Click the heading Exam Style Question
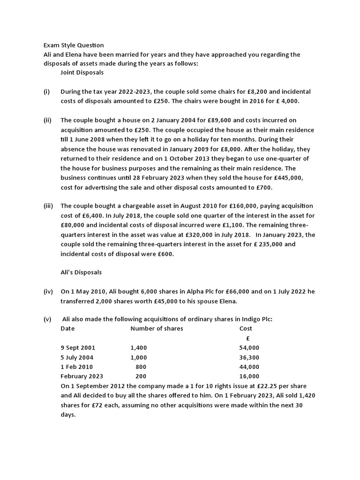[74, 45]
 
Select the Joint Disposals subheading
[82, 73]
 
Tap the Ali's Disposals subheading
[81, 272]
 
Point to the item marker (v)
[47, 319]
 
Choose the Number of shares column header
[157, 329]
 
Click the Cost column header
[246, 329]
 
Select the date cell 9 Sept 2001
[78, 348]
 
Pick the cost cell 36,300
[249, 357]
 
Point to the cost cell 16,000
[249, 376]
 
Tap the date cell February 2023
[82, 376]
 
